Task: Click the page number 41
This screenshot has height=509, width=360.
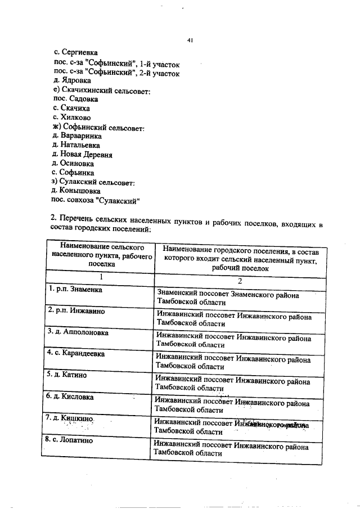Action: point(190,40)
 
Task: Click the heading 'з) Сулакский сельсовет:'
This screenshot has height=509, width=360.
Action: point(93,182)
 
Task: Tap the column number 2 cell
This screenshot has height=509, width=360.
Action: point(238,280)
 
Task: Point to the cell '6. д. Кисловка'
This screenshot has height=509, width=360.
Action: point(70,397)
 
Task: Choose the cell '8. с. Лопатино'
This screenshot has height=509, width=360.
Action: point(70,440)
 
